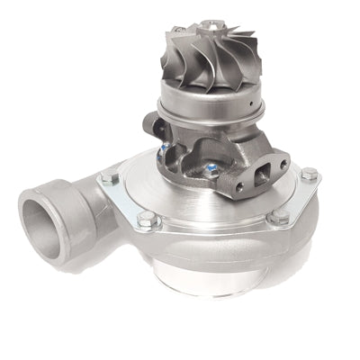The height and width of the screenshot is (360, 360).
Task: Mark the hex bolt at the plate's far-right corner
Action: coord(309,174)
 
